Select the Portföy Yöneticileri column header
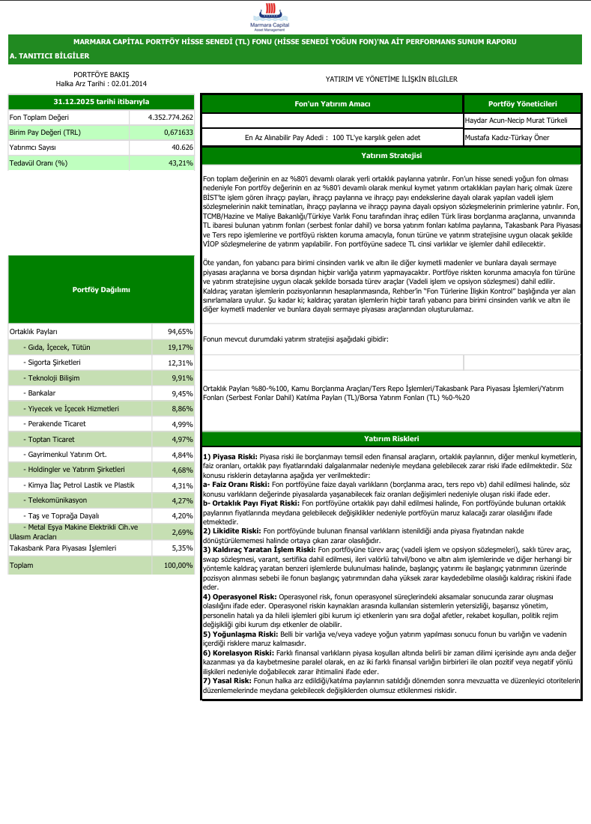click(x=522, y=103)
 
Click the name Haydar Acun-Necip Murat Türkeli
click(x=516, y=120)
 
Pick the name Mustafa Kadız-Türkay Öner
click(x=508, y=138)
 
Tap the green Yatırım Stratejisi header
click(x=390, y=156)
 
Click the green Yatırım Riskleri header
click(x=390, y=439)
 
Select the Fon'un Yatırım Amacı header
click(x=332, y=103)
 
